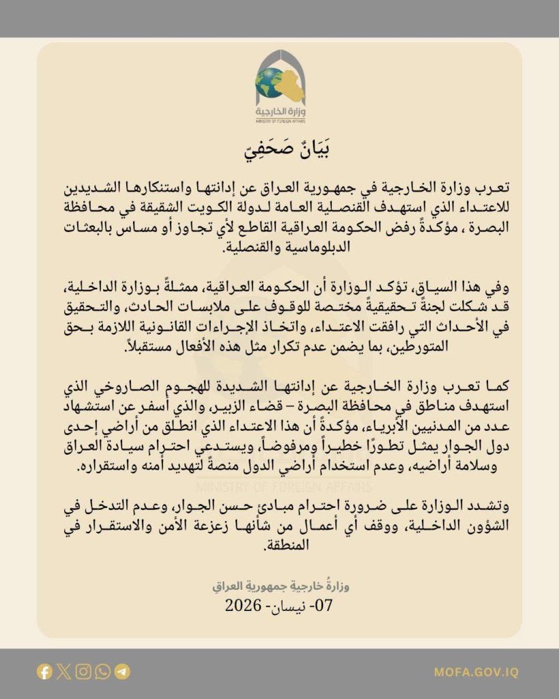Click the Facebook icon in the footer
44,672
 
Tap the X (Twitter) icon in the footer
63,672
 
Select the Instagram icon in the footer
83,672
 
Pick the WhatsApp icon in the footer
103,672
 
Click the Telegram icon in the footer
123,672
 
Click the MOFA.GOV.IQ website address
476,672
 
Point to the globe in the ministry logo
268,83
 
